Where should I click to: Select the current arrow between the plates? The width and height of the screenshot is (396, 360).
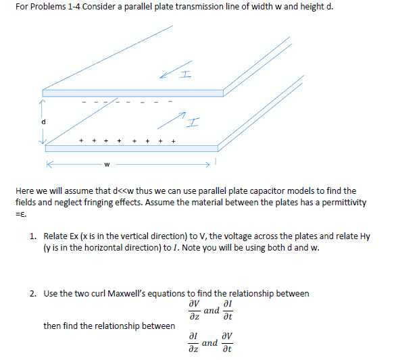(x=175, y=123)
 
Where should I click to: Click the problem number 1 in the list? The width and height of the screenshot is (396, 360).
(x=33, y=236)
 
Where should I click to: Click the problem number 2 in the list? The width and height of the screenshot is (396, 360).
(x=33, y=293)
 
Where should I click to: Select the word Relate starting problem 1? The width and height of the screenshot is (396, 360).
(x=56, y=236)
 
